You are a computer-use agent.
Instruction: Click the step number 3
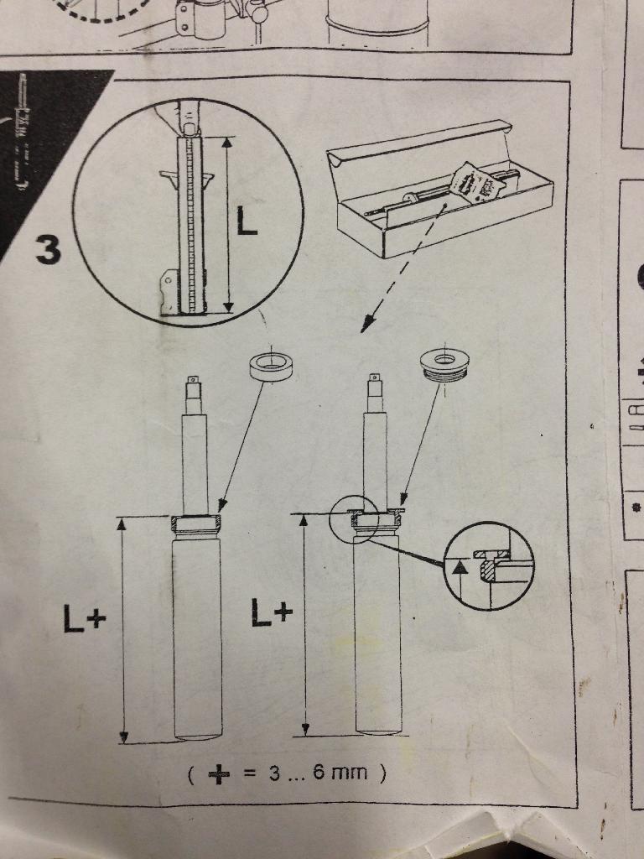coord(48,249)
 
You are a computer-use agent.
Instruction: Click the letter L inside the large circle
coord(247,220)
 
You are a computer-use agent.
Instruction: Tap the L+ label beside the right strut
coord(272,612)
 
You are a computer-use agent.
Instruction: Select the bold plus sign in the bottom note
coord(219,774)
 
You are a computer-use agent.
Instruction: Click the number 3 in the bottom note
coord(274,773)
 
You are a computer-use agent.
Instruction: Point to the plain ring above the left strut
coord(271,366)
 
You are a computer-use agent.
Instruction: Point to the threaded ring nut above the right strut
coord(444,365)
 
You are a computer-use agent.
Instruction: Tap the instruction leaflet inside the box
coord(477,182)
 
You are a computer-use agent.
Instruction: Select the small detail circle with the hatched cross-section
coord(488,565)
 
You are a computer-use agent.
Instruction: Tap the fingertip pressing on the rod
coord(186,121)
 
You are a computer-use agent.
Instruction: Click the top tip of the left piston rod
coord(192,377)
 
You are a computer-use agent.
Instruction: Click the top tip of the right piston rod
coord(374,375)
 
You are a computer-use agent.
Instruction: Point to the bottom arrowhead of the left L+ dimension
coord(124,737)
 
